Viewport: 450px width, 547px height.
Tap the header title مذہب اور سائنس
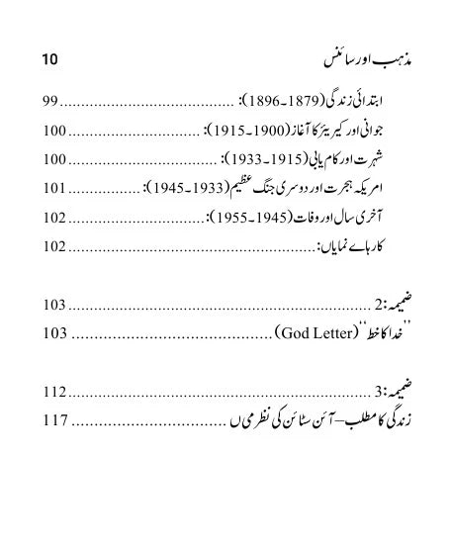(367, 58)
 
